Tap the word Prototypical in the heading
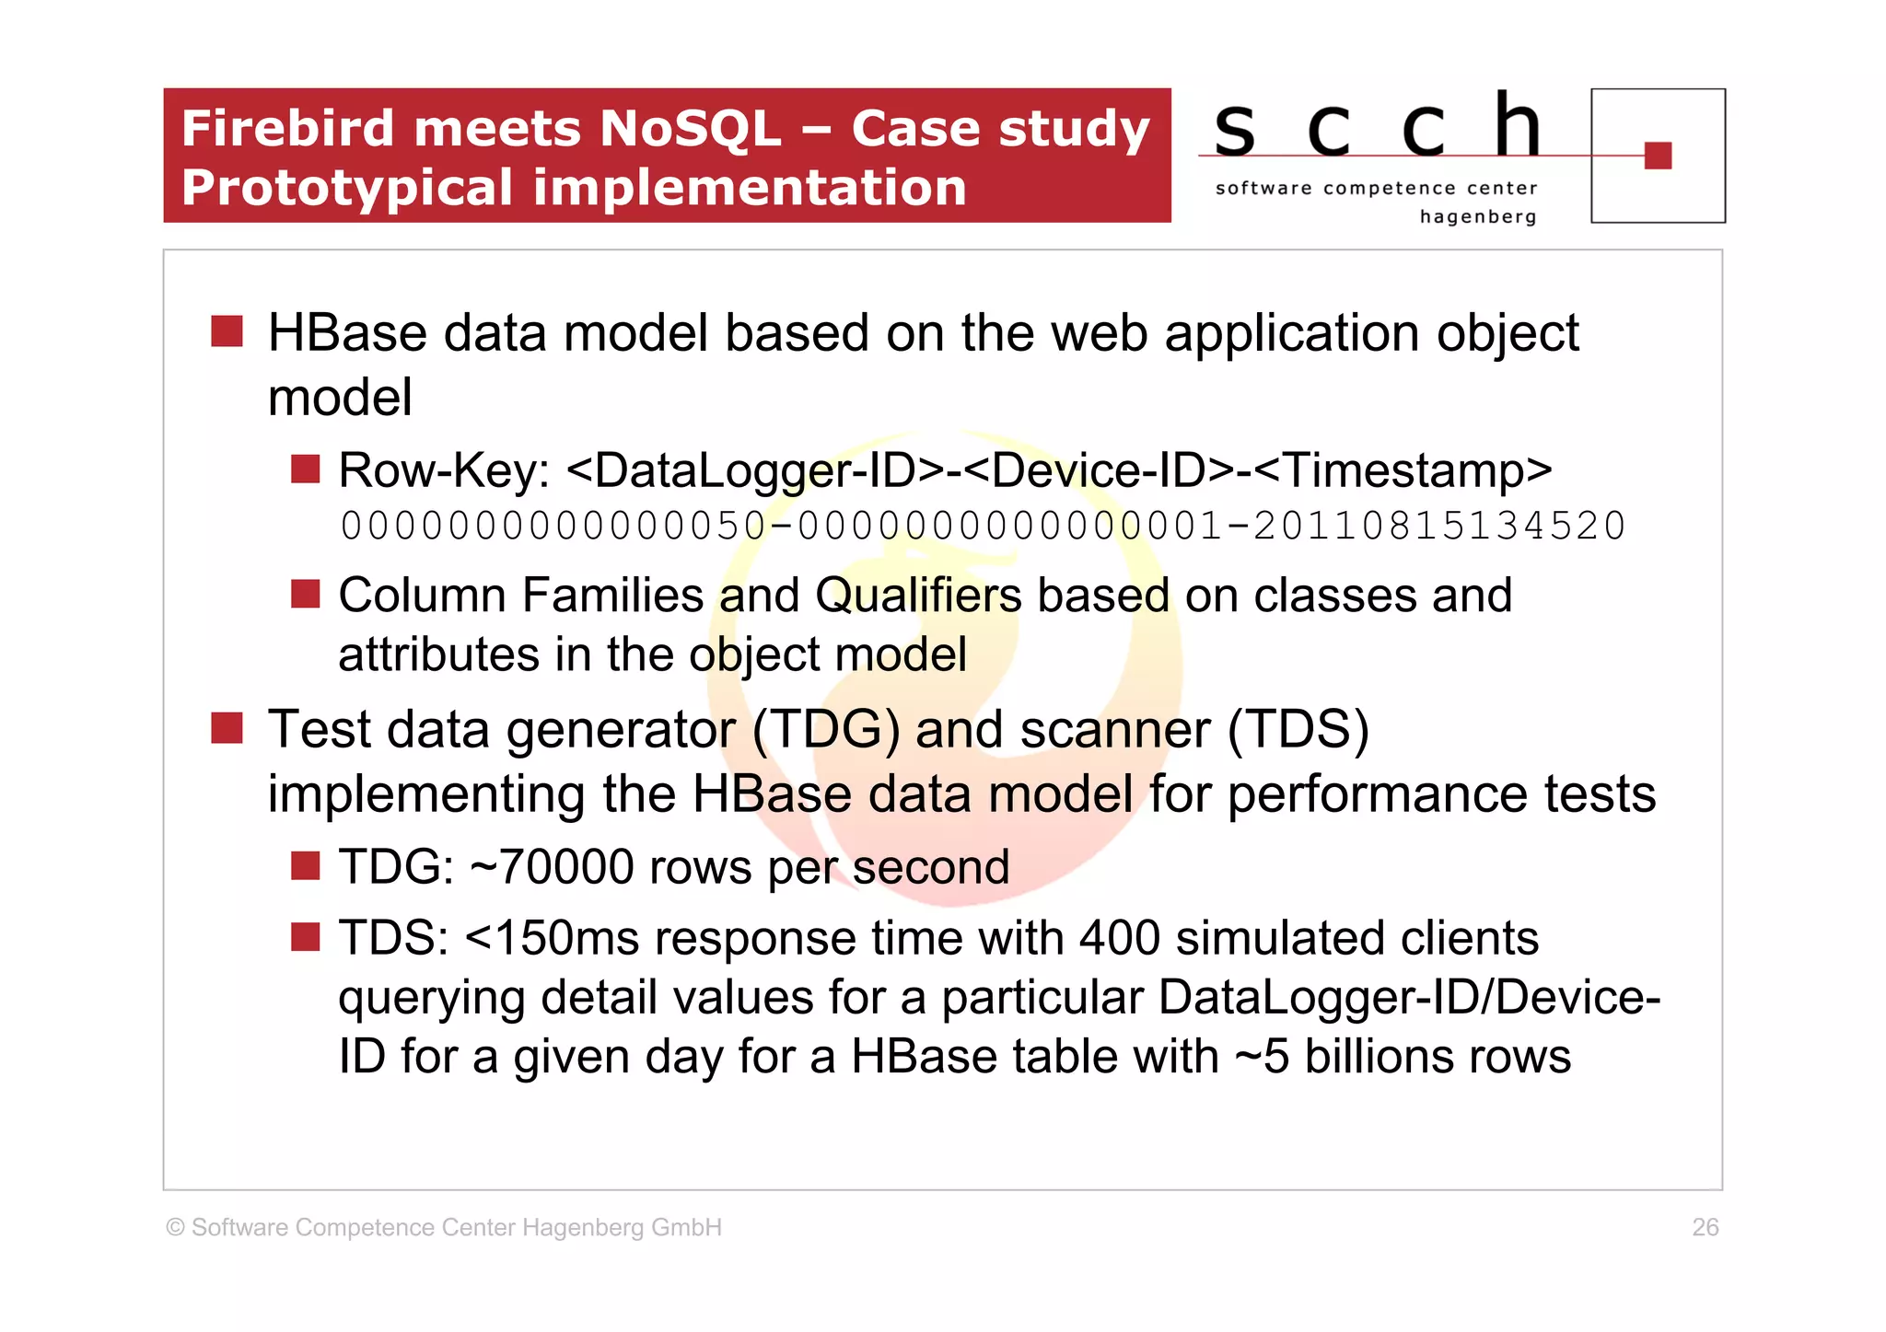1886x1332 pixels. [x=347, y=188]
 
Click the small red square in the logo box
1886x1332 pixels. [x=1657, y=156]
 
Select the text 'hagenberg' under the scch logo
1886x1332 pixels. [x=1477, y=217]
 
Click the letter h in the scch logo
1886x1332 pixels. [x=1517, y=126]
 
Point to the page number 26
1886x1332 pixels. [x=1705, y=1227]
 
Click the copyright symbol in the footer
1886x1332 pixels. [x=175, y=1227]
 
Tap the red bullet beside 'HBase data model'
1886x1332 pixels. [x=227, y=331]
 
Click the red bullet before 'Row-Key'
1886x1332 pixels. [x=305, y=469]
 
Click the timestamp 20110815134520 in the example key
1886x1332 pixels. [x=1438, y=527]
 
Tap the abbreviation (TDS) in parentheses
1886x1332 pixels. [x=1298, y=729]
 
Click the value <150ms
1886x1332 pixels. [x=552, y=938]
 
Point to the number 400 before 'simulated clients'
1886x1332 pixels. [x=1119, y=938]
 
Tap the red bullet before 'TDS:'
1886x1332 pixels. [x=305, y=937]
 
